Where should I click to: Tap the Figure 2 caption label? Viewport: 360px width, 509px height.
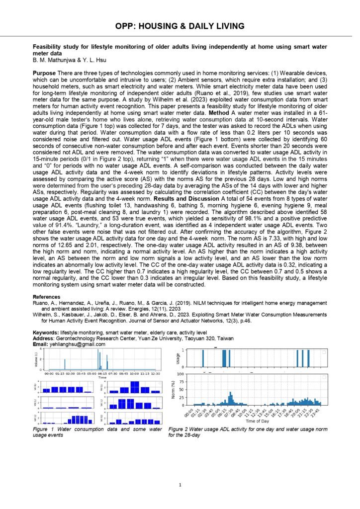point(181,428)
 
